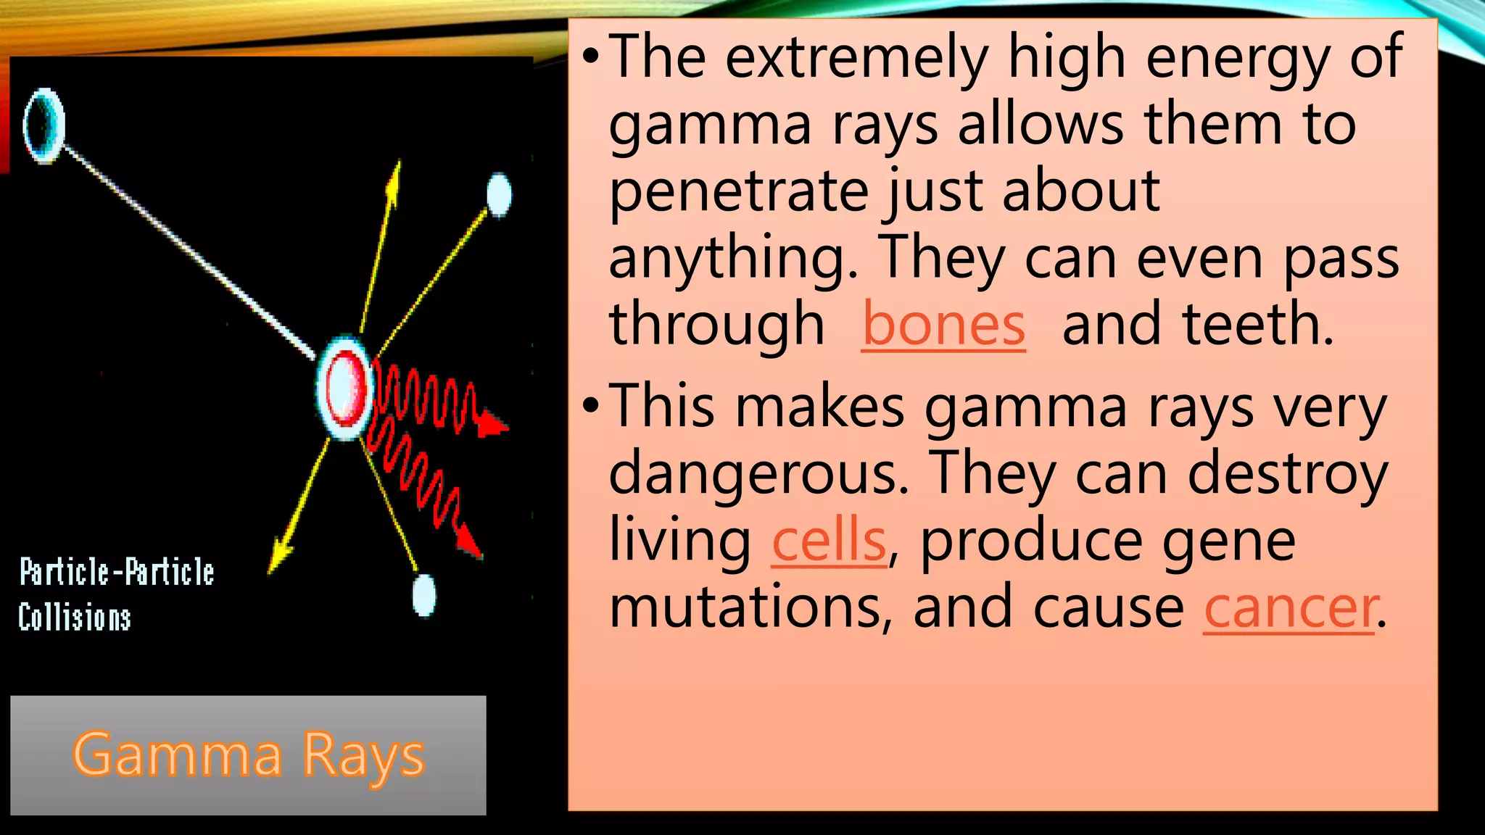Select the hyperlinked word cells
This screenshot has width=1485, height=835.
pyautogui.click(x=829, y=541)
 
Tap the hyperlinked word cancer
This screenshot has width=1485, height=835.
pyautogui.click(x=1288, y=608)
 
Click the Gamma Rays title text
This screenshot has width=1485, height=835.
pyautogui.click(x=248, y=755)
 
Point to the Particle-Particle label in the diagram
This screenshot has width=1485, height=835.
pyautogui.click(x=117, y=572)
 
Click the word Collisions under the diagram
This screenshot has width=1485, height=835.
pyautogui.click(x=75, y=618)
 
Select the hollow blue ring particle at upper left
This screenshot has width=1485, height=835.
pyautogui.click(x=44, y=125)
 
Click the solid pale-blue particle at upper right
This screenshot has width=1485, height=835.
pyautogui.click(x=499, y=194)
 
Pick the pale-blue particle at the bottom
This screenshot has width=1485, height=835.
pyautogui.click(x=424, y=594)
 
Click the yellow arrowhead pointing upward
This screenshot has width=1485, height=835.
pyautogui.click(x=394, y=178)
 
